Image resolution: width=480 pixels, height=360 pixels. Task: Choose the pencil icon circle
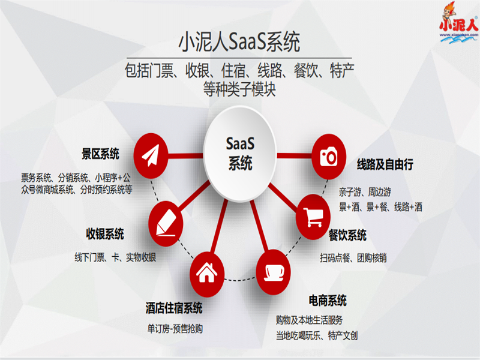tap(166, 220)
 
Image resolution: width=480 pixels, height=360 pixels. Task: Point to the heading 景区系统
tap(100, 154)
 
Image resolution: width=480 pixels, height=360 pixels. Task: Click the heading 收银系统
tap(105, 233)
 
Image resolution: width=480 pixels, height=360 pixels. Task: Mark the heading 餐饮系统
tap(347, 235)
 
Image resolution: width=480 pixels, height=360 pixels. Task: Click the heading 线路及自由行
tap(385, 164)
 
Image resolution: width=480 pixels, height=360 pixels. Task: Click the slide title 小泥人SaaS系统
tap(240, 43)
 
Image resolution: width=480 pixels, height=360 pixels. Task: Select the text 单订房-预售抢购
tap(175, 329)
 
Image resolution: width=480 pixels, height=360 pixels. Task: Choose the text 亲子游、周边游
tap(365, 193)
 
